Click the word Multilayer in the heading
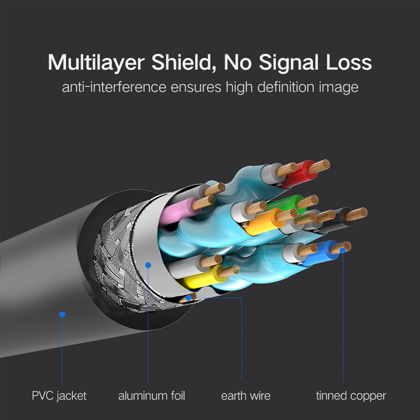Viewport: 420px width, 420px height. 96,63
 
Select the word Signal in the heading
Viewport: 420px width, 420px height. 288,63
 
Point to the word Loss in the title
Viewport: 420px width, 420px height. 349,62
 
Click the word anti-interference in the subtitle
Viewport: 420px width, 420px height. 114,87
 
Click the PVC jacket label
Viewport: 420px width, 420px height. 59,396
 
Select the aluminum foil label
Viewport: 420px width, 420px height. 152,396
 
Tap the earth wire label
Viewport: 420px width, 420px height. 246,396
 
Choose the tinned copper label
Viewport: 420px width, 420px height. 351,396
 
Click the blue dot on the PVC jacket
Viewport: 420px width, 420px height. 62,314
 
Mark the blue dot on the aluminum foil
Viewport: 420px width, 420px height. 148,265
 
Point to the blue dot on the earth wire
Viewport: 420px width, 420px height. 188,298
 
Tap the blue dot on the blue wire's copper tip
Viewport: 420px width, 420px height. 343,251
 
